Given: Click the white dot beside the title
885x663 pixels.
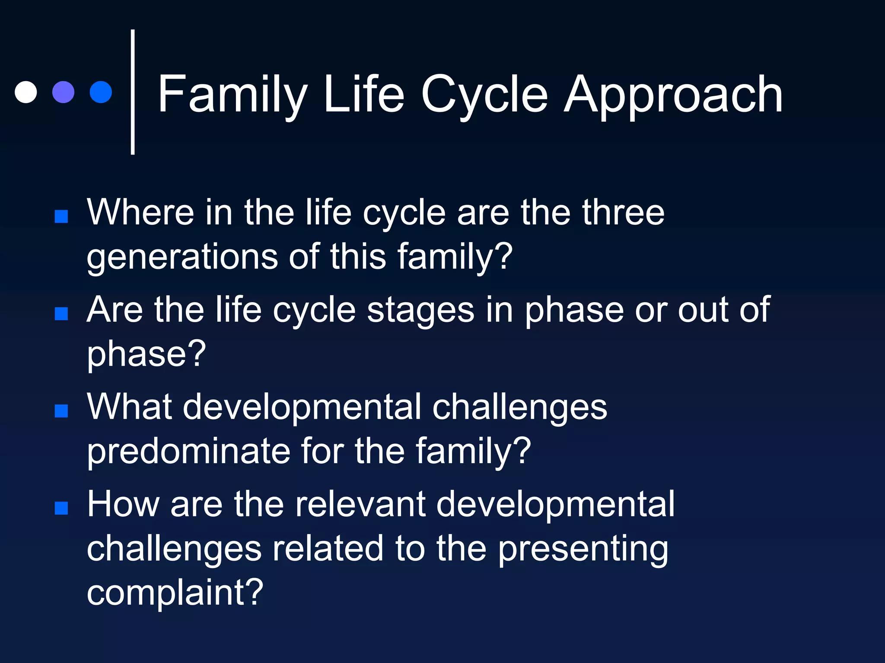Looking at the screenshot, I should pos(26,92).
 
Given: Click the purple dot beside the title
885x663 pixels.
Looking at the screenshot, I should pos(64,92).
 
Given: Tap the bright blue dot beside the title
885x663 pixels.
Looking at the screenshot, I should pos(101,92).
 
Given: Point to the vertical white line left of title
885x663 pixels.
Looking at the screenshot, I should pos(133,92).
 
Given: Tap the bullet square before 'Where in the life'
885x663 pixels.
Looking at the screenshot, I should pos(61,216).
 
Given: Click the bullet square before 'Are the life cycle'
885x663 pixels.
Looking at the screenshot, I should pos(61,314).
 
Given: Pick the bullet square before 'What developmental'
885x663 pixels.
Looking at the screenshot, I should pos(61,411).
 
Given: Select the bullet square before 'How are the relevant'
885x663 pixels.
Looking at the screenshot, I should pos(61,508).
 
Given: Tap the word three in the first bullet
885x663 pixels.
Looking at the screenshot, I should pos(623,212).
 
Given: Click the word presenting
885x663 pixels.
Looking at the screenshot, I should pos(583,549).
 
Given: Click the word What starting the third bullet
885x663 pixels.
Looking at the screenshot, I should pos(130,407).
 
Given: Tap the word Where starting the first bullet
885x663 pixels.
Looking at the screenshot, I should pos(140,212).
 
